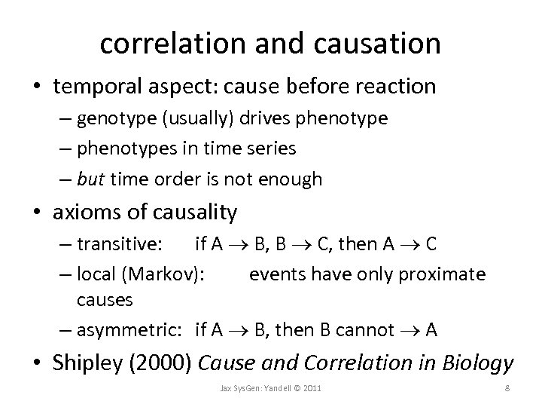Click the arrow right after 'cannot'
410,330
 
